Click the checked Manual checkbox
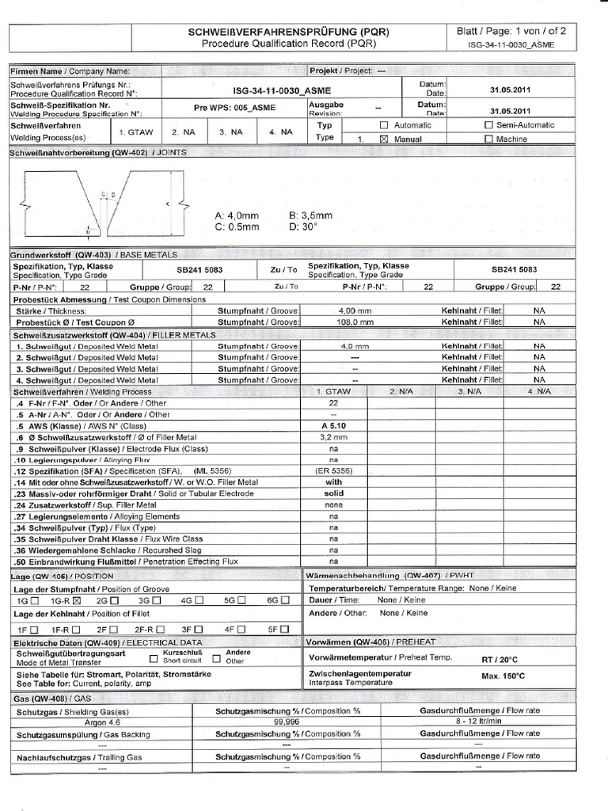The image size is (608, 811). coord(384,139)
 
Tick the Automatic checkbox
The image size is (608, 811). coord(384,125)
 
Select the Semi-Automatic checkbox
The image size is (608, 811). coord(488,125)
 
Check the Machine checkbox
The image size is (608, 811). coord(488,139)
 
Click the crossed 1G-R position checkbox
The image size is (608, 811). coord(77,601)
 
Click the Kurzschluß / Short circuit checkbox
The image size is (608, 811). coord(154,658)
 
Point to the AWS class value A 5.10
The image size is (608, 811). coord(333,425)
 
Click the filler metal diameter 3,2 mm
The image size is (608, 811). coord(333,436)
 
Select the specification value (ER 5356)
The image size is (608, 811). coord(333,471)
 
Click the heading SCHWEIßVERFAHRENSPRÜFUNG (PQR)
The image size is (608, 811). coord(288,32)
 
